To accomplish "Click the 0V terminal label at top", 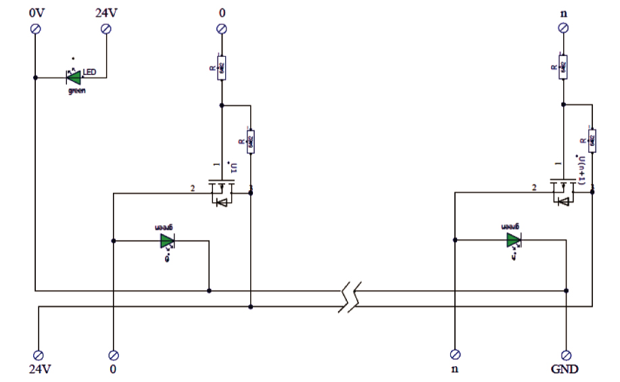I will tap(37, 12).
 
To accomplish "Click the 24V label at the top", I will tap(104, 12).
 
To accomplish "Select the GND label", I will tap(565, 370).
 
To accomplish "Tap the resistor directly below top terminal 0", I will tap(221, 68).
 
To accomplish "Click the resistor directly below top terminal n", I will tap(563, 68).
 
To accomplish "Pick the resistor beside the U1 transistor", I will tap(251, 141).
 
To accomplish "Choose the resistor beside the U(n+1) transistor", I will tap(592, 141).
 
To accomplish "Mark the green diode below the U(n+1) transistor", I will tap(514, 240).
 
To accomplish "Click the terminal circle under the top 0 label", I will tap(221, 28).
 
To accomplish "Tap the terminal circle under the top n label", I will tap(563, 28).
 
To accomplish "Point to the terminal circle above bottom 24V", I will tap(39, 355).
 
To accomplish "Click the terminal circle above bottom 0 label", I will tap(114, 355).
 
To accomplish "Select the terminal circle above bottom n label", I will tap(455, 355).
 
